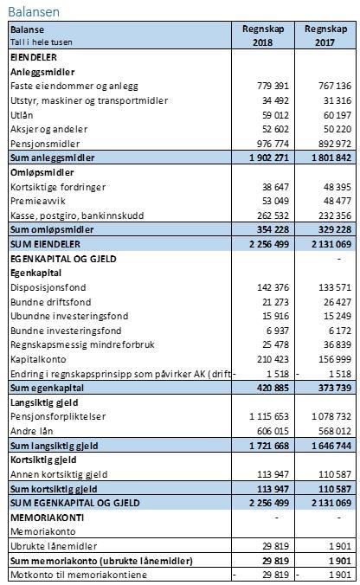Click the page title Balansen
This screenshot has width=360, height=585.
[34, 11]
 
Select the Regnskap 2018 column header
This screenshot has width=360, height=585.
[263, 35]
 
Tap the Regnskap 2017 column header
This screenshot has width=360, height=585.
[325, 35]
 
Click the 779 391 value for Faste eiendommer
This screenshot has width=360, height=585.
[273, 86]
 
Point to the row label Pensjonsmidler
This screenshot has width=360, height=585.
[45, 144]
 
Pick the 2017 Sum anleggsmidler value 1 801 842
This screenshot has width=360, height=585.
[331, 157]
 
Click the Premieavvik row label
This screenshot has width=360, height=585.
[38, 201]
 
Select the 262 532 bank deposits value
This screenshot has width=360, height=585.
[273, 215]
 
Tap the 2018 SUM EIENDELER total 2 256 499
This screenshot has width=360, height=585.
[269, 244]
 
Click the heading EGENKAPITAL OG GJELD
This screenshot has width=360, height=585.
[63, 259]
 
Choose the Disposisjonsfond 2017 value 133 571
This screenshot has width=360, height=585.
[336, 287]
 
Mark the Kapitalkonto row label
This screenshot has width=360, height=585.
[38, 360]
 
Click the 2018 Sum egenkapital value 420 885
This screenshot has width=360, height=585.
[273, 388]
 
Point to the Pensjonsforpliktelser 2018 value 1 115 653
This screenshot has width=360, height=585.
[269, 417]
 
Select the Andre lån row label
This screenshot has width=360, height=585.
[32, 431]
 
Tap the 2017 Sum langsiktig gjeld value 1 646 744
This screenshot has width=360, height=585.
[331, 446]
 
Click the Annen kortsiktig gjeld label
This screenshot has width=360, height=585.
[59, 474]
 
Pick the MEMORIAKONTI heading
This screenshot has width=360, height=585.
[47, 517]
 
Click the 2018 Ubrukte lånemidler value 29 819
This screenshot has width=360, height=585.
[275, 547]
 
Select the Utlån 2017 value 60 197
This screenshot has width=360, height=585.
[337, 115]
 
